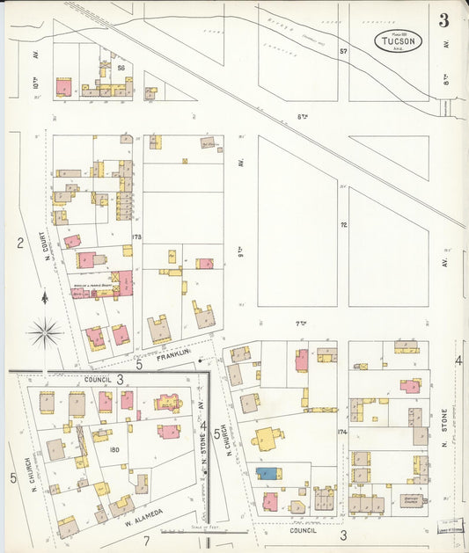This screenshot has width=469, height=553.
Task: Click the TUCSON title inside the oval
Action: pyautogui.click(x=399, y=40)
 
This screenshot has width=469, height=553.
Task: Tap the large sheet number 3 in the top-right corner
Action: pyautogui.click(x=444, y=19)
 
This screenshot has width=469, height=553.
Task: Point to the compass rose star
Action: pyautogui.click(x=45, y=332)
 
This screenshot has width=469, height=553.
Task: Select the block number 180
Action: pyautogui.click(x=114, y=450)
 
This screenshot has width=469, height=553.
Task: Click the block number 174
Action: pyautogui.click(x=341, y=433)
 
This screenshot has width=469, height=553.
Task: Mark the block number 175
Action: pyautogui.click(x=136, y=236)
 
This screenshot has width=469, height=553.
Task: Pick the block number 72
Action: pyautogui.click(x=344, y=225)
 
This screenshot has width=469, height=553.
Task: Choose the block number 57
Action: pyautogui.click(x=343, y=52)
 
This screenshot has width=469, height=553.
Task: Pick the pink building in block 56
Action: pyautogui.click(x=64, y=87)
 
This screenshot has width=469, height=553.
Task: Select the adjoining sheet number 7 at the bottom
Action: pyautogui.click(x=148, y=540)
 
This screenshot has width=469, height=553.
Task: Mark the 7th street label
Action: pyautogui.click(x=299, y=324)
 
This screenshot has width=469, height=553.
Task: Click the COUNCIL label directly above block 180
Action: pyautogui.click(x=98, y=379)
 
